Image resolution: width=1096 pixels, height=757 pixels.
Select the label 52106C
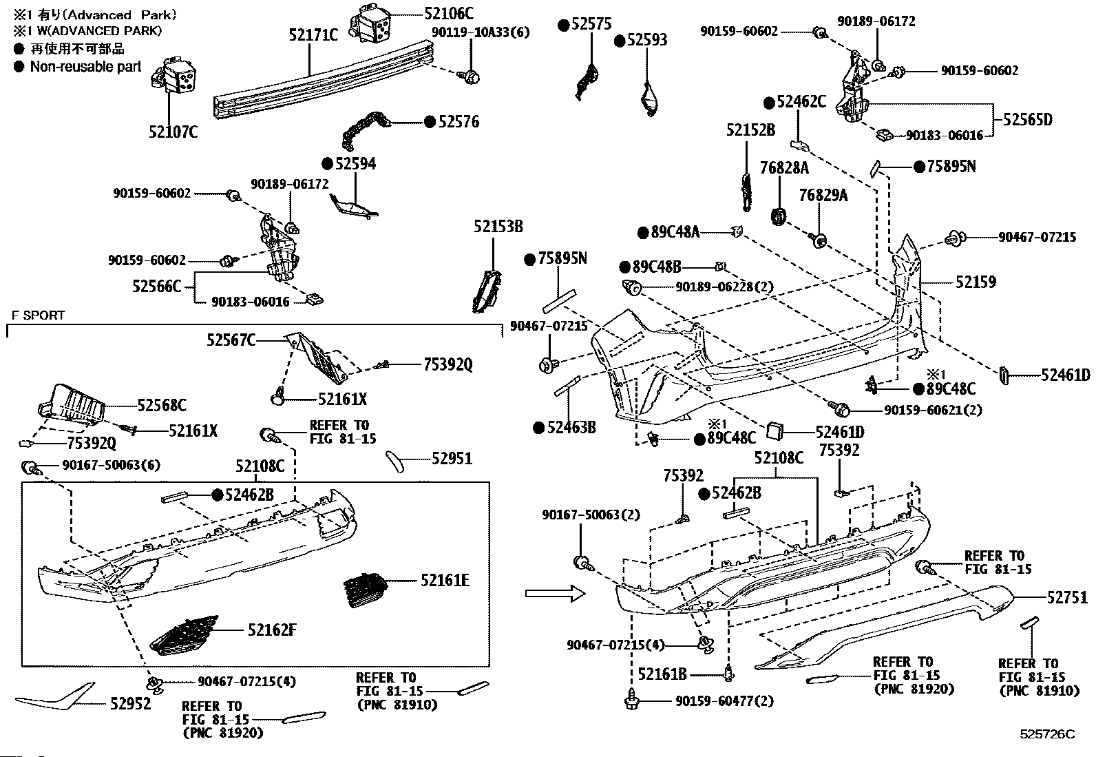(x=449, y=12)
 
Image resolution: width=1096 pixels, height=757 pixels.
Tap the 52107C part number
(x=173, y=132)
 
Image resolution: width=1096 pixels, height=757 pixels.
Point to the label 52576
(x=459, y=122)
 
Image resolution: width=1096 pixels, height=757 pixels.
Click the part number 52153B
(x=498, y=227)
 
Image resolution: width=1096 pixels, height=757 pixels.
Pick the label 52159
(x=976, y=282)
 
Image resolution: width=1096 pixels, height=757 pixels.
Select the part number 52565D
(x=1027, y=120)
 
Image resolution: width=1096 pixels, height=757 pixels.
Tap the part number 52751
(x=1067, y=598)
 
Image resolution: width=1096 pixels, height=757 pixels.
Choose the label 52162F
(x=272, y=630)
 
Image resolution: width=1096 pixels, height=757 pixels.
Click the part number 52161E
(x=445, y=581)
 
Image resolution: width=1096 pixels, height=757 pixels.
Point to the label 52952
(x=130, y=704)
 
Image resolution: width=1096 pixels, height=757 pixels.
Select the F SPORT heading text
(x=38, y=315)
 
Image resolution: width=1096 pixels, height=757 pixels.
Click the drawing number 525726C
(x=1047, y=734)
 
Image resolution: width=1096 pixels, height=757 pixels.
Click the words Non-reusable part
(x=85, y=67)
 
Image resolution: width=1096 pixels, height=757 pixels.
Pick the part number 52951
(x=452, y=458)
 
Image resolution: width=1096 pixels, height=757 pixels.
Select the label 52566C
(x=156, y=286)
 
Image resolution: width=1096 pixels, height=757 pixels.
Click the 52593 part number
(x=646, y=40)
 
